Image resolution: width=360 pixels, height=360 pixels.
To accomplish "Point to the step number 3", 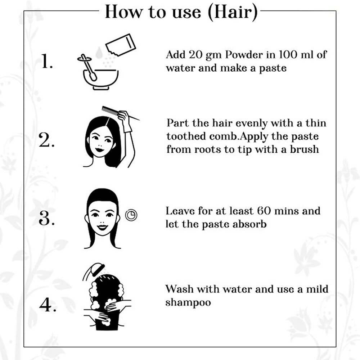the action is [46, 218].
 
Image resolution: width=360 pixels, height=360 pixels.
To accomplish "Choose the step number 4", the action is [48, 305].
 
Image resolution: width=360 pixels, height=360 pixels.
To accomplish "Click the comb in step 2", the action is [111, 110].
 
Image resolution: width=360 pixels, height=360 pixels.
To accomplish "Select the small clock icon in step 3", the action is [131, 215].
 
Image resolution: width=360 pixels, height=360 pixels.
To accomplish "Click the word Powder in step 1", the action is [244, 55].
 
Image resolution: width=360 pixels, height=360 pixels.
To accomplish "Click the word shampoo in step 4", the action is [188, 303].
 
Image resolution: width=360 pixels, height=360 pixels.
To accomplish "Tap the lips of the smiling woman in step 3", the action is [102, 227].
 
